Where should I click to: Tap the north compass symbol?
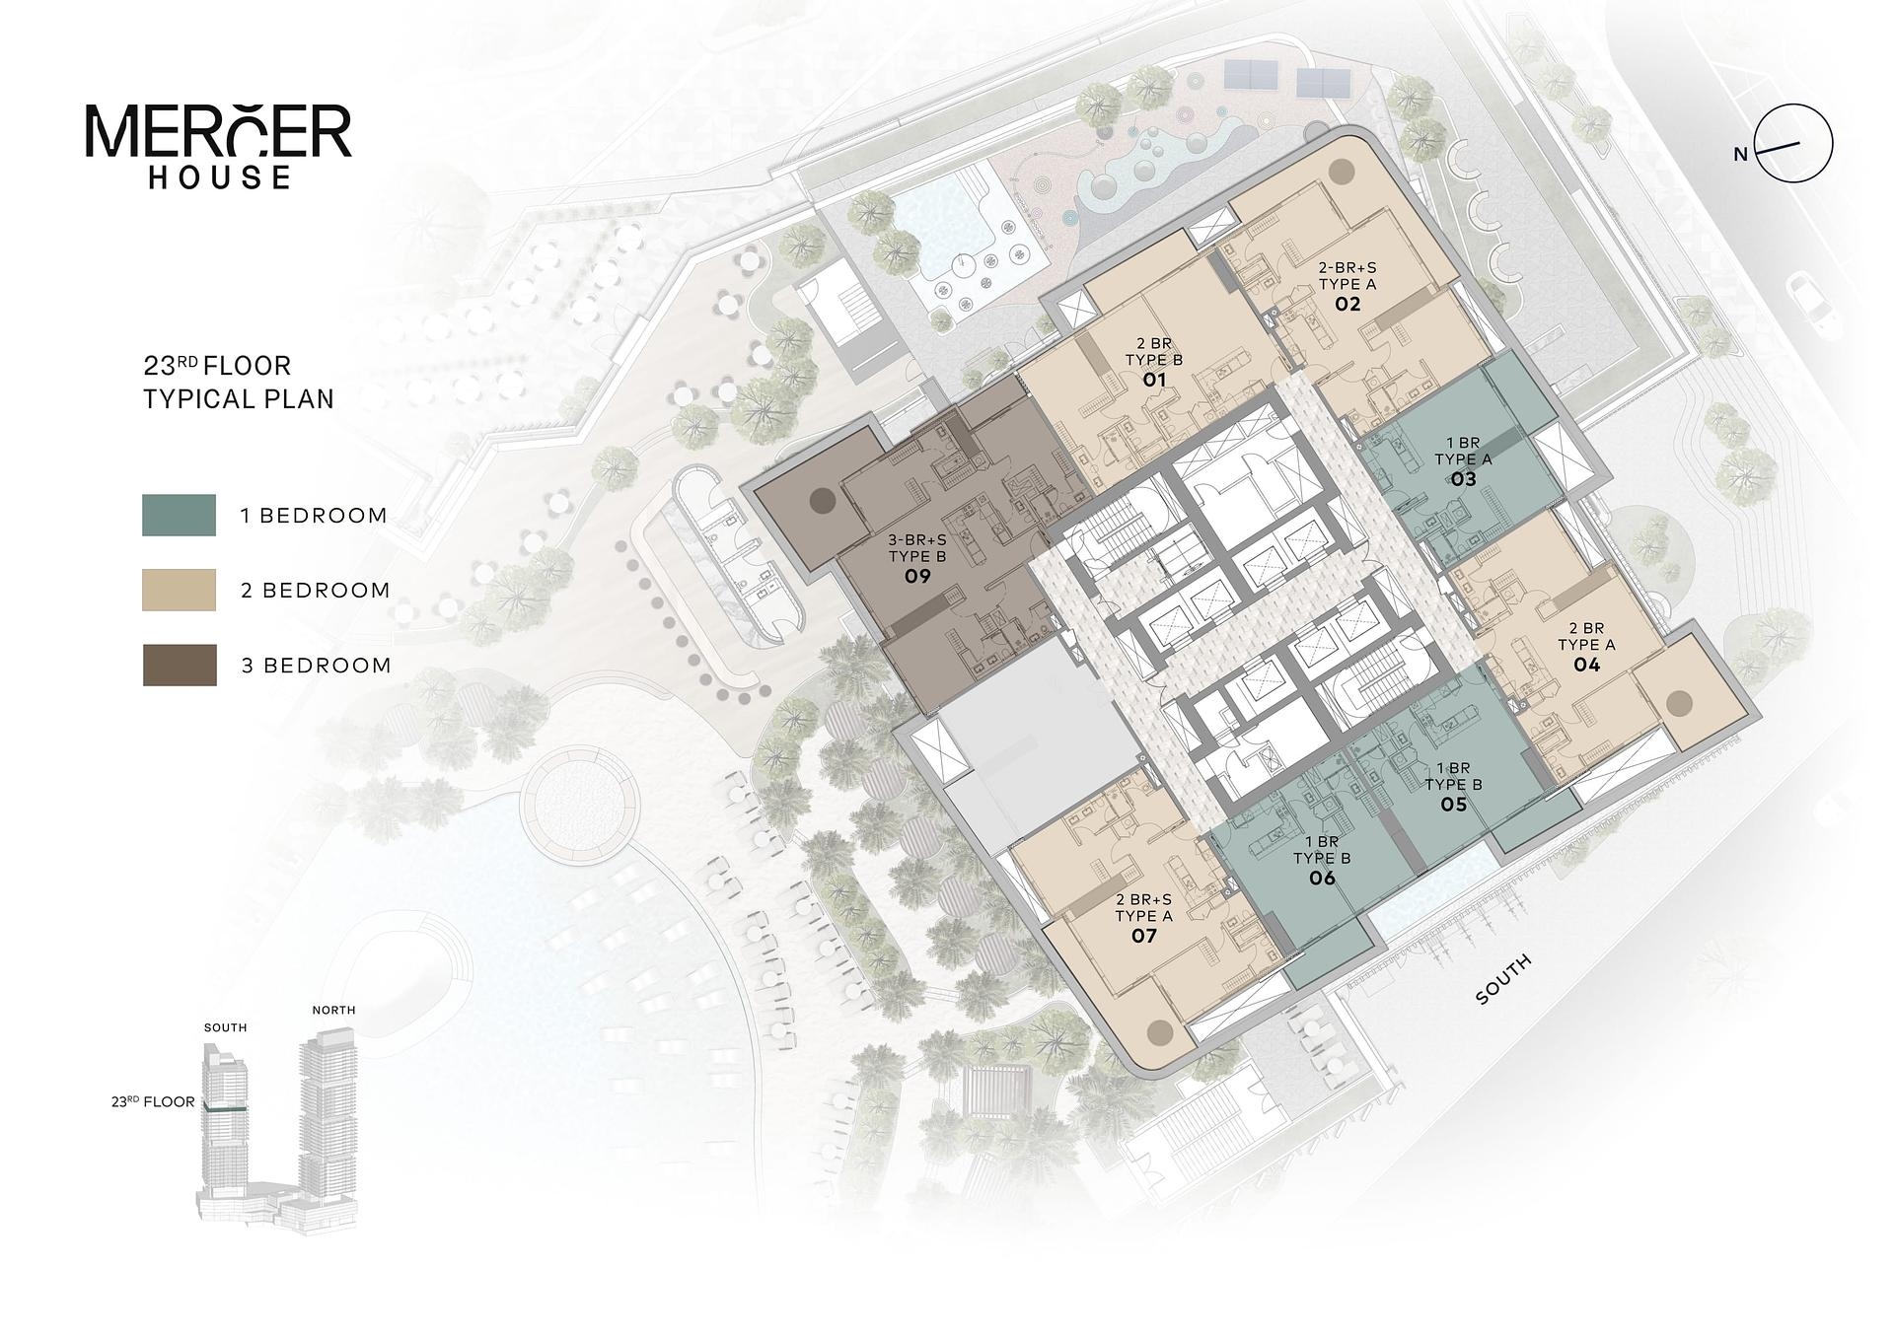[x=1784, y=144]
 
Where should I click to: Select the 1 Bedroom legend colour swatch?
[x=179, y=515]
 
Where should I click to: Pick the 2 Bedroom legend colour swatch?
[x=179, y=590]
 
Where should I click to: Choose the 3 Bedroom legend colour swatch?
[x=180, y=665]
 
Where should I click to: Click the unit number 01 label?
[x=1154, y=380]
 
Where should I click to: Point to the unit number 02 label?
[x=1348, y=304]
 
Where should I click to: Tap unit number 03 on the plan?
[x=1463, y=479]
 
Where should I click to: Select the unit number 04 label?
[x=1586, y=665]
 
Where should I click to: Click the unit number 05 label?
[x=1453, y=805]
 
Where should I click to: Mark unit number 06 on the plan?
[x=1322, y=878]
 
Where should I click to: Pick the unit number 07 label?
[x=1143, y=936]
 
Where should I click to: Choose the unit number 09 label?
[x=917, y=576]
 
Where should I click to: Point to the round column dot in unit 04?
[x=1679, y=703]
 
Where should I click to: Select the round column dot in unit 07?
[x=1160, y=1032]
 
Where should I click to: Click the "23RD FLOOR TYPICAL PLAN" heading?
[x=239, y=383]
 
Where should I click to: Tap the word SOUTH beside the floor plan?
[x=1504, y=979]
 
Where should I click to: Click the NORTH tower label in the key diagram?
[x=333, y=1010]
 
